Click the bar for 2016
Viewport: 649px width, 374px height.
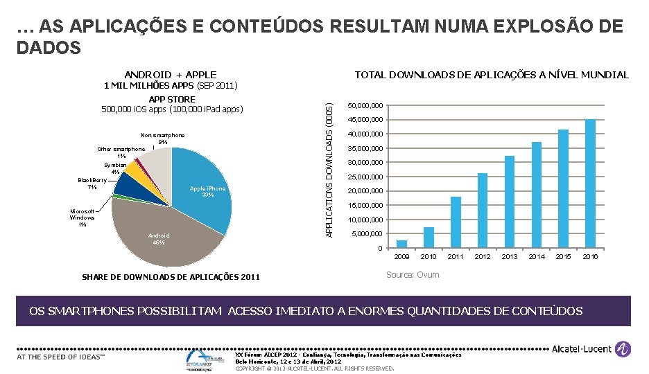pos(590,184)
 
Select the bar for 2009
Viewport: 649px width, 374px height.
pos(401,244)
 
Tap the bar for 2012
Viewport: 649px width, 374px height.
pos(483,211)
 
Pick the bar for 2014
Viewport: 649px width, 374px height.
pos(537,195)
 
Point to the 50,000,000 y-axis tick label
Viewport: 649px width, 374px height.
pos(365,106)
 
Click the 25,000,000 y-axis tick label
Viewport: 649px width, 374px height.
pos(365,177)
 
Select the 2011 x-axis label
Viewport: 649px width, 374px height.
pos(456,257)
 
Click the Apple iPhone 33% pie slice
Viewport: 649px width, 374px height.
pos(208,191)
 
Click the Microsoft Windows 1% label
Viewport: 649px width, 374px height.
pos(83,217)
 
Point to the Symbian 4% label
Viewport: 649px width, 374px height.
pos(115,168)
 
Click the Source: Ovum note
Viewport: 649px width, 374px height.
pos(412,276)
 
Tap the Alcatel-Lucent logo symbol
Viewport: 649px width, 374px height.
pos(623,351)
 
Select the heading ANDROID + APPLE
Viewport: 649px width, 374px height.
pos(170,75)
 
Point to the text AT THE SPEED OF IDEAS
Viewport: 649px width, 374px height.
pos(60,357)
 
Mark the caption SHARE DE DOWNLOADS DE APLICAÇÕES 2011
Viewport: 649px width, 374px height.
pos(171,278)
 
